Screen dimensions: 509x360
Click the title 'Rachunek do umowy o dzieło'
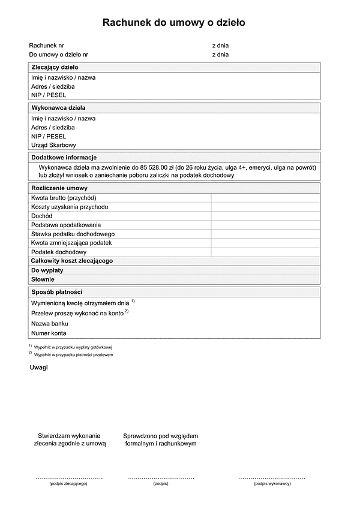[x=174, y=23]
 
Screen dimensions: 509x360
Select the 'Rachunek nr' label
[x=47, y=46]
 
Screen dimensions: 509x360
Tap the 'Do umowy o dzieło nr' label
[x=59, y=55]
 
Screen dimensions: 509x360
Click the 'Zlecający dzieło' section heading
[x=55, y=68]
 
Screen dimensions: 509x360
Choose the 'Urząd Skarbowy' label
[x=54, y=145]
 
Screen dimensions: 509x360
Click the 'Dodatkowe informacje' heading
[x=64, y=157]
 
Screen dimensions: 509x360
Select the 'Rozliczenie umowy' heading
[x=59, y=188]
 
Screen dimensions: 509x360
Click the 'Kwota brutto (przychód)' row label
[x=64, y=198]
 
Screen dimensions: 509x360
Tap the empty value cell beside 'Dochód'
[x=265, y=216]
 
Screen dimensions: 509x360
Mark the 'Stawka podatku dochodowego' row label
[x=73, y=234]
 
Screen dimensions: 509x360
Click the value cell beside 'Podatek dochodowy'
[x=265, y=252]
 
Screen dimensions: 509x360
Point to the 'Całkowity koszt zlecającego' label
[x=72, y=261]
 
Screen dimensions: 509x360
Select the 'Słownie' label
[x=43, y=279]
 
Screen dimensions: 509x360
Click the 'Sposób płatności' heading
[x=57, y=292]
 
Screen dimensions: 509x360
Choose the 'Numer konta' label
[x=49, y=333]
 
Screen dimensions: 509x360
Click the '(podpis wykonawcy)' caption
[x=272, y=483]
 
